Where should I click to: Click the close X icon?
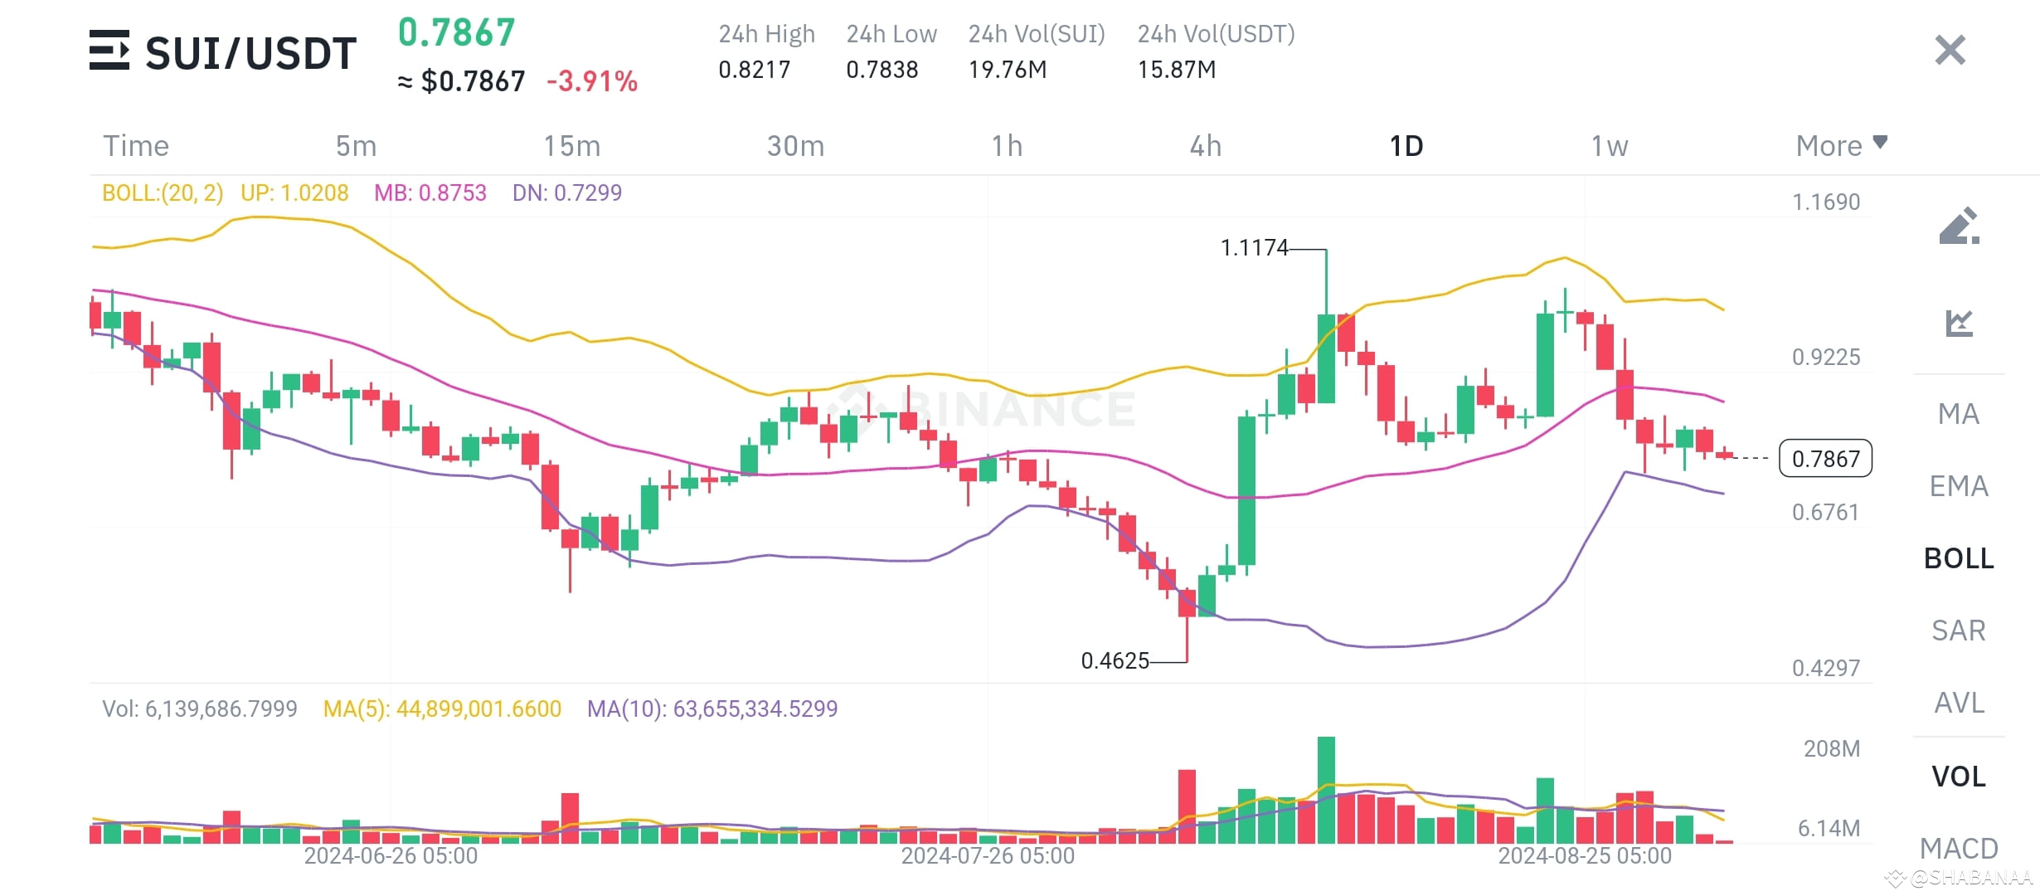pyautogui.click(x=1950, y=50)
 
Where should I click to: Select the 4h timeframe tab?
pyautogui.click(x=1205, y=146)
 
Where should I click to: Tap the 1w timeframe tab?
pyautogui.click(x=1609, y=146)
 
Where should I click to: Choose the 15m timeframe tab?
pyautogui.click(x=571, y=146)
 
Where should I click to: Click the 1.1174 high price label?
pyautogui.click(x=1254, y=247)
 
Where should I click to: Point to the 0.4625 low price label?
pyautogui.click(x=1115, y=660)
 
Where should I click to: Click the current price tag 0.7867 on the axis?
pyautogui.click(x=1825, y=459)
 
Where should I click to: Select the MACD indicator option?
pyautogui.click(x=1958, y=848)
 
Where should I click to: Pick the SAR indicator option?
pyautogui.click(x=1958, y=631)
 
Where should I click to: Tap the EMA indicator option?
pyautogui.click(x=1958, y=486)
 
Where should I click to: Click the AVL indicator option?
pyautogui.click(x=1958, y=703)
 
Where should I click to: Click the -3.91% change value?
pyautogui.click(x=592, y=81)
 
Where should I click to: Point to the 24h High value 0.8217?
pyautogui.click(x=754, y=70)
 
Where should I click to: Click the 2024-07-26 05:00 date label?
pyautogui.click(x=987, y=855)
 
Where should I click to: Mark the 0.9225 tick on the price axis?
pyautogui.click(x=1825, y=358)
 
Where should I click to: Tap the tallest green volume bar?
pyautogui.click(x=1326, y=788)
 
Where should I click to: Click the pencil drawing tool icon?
pyautogui.click(x=1959, y=226)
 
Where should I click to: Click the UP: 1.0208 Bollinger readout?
pyautogui.click(x=294, y=193)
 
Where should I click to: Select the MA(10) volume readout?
pyautogui.click(x=712, y=709)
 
